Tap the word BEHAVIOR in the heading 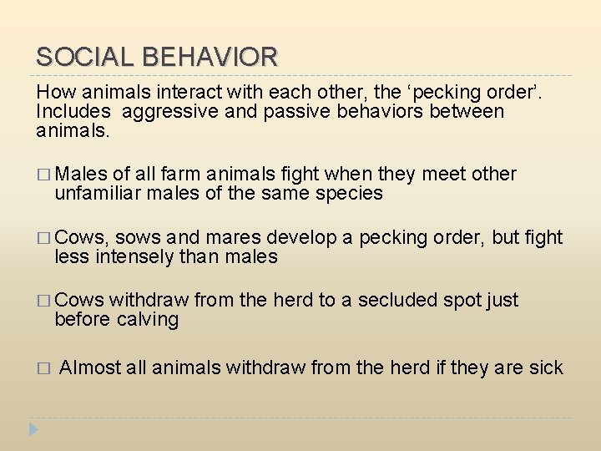coord(210,57)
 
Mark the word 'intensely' coord(135,256)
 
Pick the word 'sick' coord(547,367)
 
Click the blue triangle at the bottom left coord(33,430)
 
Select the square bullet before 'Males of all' coord(44,175)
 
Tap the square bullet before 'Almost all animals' coord(44,368)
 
